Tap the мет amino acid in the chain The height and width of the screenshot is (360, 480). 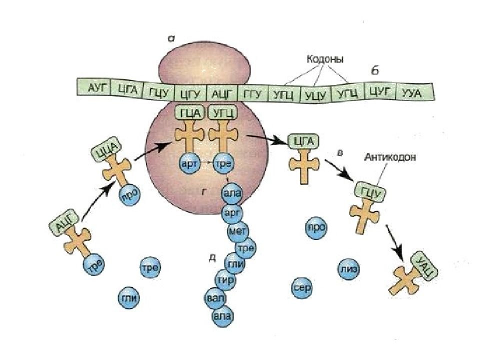(x=235, y=231)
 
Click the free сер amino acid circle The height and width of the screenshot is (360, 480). (x=302, y=287)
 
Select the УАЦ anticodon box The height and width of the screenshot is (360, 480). (x=424, y=265)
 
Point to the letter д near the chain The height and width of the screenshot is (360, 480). (x=212, y=258)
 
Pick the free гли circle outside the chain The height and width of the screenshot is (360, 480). (x=128, y=298)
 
